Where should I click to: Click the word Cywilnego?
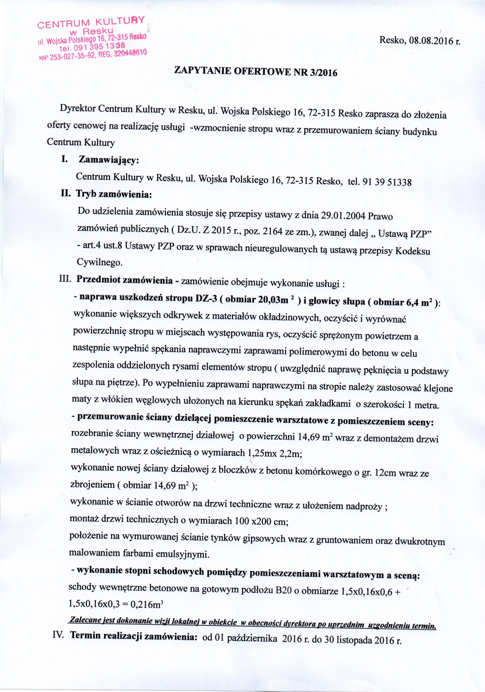pos(100,262)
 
